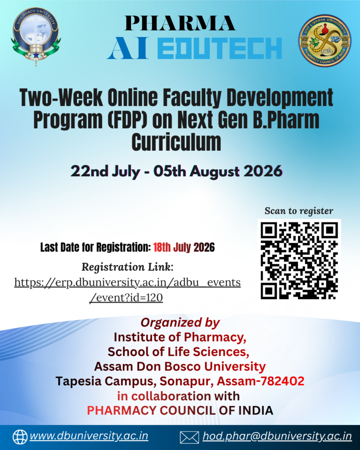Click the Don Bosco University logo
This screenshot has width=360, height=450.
pos(36,36)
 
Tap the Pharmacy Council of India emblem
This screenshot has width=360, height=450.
pos(325,40)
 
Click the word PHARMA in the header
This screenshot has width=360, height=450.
pos(180,23)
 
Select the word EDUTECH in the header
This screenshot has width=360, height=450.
pos(220,48)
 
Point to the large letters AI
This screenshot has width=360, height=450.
pos(128,48)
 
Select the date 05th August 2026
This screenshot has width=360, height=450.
pos(218,171)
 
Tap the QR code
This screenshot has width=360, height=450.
pos(299,261)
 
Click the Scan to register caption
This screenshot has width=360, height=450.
pos(299,211)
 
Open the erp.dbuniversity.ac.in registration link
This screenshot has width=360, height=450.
pos(127,290)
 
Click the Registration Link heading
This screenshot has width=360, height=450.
pos(127,267)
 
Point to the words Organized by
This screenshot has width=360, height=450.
pos(180,322)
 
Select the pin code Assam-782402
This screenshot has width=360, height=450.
pos(260,381)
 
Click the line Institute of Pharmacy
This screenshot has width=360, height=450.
pos(180,337)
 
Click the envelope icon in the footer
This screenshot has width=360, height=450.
pos(189,437)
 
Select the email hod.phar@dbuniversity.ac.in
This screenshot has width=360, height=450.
pos(277,436)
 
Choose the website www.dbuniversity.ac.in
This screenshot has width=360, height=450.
pos(89,436)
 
